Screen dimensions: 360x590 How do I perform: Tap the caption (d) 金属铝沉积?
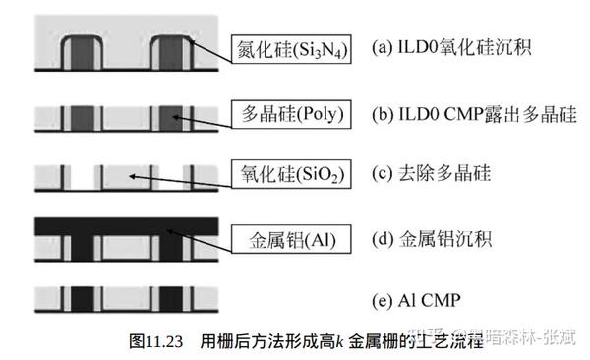coord(439,238)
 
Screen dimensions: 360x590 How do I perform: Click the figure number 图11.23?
coord(159,342)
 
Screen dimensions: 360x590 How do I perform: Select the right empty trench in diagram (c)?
coord(171,178)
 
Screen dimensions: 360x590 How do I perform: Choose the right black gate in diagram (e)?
coord(171,298)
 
